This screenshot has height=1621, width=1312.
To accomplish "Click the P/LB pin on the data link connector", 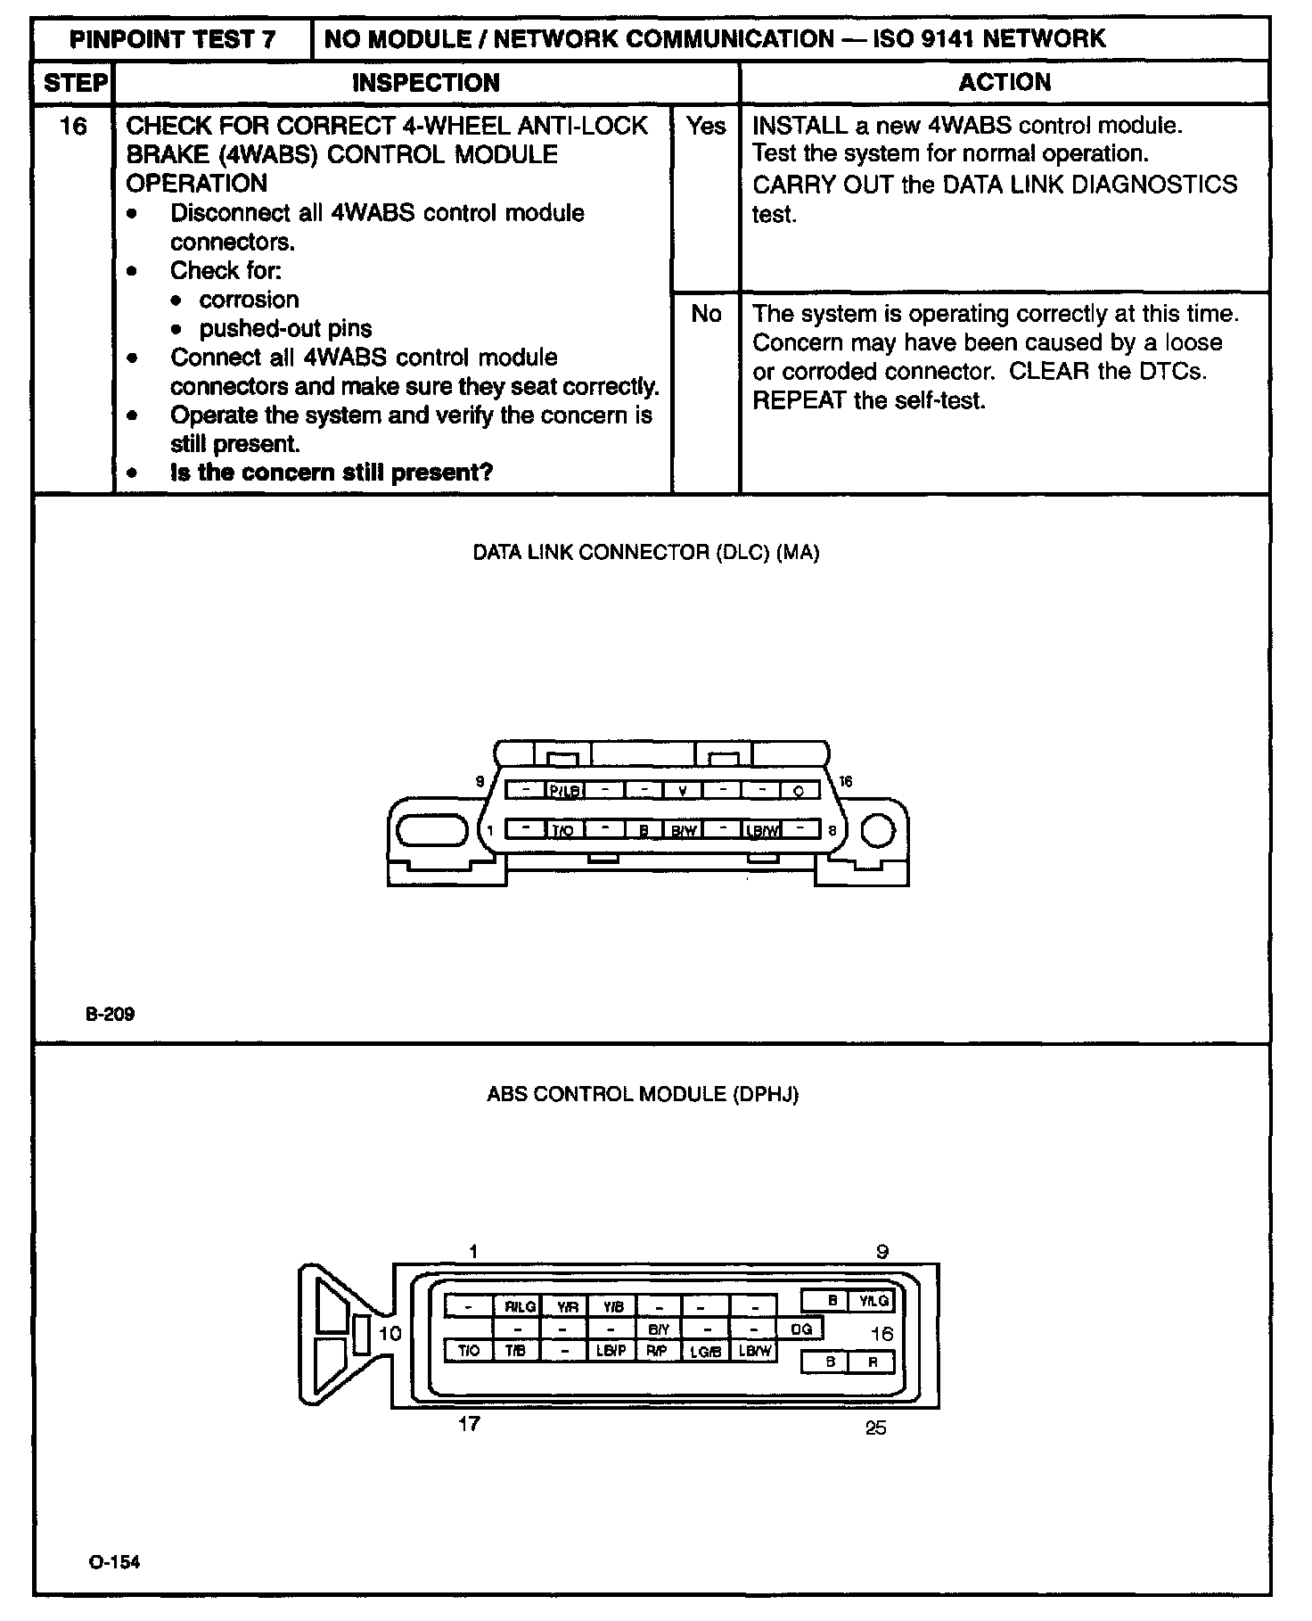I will click(x=565, y=790).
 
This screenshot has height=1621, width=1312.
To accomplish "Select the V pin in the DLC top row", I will click(x=683, y=790).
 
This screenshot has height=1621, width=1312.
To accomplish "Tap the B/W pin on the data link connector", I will click(x=684, y=830).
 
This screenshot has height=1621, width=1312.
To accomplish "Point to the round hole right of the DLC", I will click(x=878, y=830).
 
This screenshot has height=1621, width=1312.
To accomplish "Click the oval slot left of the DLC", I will click(x=432, y=830).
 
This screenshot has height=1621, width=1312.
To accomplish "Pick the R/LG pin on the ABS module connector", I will click(x=521, y=1306).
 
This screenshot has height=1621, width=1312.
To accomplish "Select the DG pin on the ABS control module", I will click(x=801, y=1329).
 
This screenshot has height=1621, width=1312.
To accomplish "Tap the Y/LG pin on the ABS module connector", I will click(x=873, y=1301).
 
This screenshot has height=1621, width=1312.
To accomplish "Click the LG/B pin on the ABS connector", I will click(x=705, y=1352).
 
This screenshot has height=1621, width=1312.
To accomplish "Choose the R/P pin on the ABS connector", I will click(x=657, y=1351).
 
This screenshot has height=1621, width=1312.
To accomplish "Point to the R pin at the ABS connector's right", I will click(x=873, y=1362).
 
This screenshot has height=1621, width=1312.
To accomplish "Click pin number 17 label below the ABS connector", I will click(x=470, y=1424).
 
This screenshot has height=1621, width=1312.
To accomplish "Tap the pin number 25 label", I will click(x=876, y=1428).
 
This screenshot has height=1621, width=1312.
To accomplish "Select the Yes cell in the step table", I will click(x=706, y=127).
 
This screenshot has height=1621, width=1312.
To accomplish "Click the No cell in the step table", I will click(x=706, y=314).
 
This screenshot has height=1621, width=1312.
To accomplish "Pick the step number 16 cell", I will click(x=73, y=127).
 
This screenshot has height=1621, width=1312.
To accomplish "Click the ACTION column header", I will click(x=1004, y=83).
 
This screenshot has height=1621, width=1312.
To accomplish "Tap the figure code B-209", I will click(x=111, y=1014).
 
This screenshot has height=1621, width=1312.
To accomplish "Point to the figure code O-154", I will click(x=114, y=1562).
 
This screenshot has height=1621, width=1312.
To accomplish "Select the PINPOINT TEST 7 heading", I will click(x=173, y=39).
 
